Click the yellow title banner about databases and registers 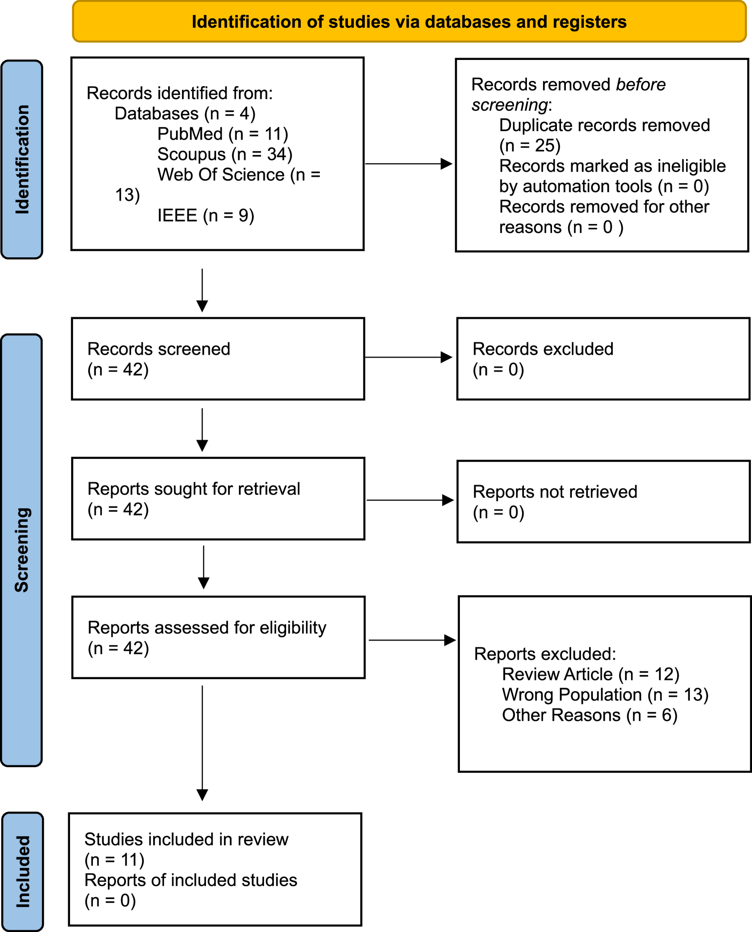409,22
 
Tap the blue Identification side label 22,160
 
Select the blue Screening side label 22,550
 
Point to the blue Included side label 22,871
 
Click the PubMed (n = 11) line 223,134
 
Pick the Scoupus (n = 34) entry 225,154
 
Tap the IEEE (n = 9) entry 206,215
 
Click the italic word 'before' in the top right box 641,85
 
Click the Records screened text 158,349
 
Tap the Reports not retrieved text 555,492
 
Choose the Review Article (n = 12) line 591,674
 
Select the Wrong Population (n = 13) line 605,695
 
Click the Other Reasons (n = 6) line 589,715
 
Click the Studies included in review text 186,839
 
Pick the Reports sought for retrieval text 194,489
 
